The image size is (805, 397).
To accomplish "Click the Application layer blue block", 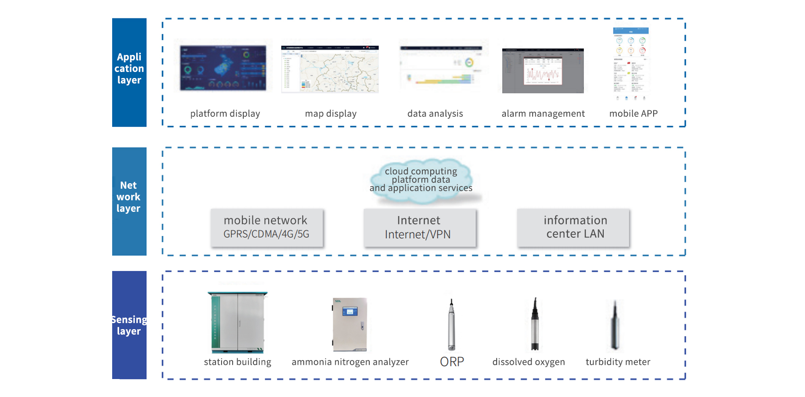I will tap(129, 72).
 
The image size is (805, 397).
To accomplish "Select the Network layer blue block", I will tap(129, 201).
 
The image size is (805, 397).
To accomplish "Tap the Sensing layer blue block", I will tap(129, 325).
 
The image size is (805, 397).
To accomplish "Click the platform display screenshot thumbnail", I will tap(223, 68).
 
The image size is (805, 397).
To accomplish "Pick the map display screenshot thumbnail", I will tap(330, 69).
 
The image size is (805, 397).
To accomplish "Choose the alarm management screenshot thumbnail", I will tap(543, 71).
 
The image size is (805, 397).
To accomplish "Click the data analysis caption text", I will tap(435, 114).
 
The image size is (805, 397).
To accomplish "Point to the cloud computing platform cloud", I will tap(421, 180).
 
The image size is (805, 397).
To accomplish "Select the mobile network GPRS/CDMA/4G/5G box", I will tap(266, 228).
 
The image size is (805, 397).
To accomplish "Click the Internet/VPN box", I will tap(419, 228).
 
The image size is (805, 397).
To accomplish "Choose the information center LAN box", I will tap(573, 228).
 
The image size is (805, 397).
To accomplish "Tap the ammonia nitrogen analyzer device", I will tap(350, 324).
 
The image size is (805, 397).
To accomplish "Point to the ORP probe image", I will tap(451, 325).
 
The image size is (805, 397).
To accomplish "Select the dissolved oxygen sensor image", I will tap(535, 325).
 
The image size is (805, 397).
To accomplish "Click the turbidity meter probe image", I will tap(615, 326).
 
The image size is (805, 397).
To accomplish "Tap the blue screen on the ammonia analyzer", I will tap(350, 312).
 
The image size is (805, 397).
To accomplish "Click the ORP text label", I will tap(452, 362).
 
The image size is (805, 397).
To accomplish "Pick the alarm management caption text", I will tap(543, 114).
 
